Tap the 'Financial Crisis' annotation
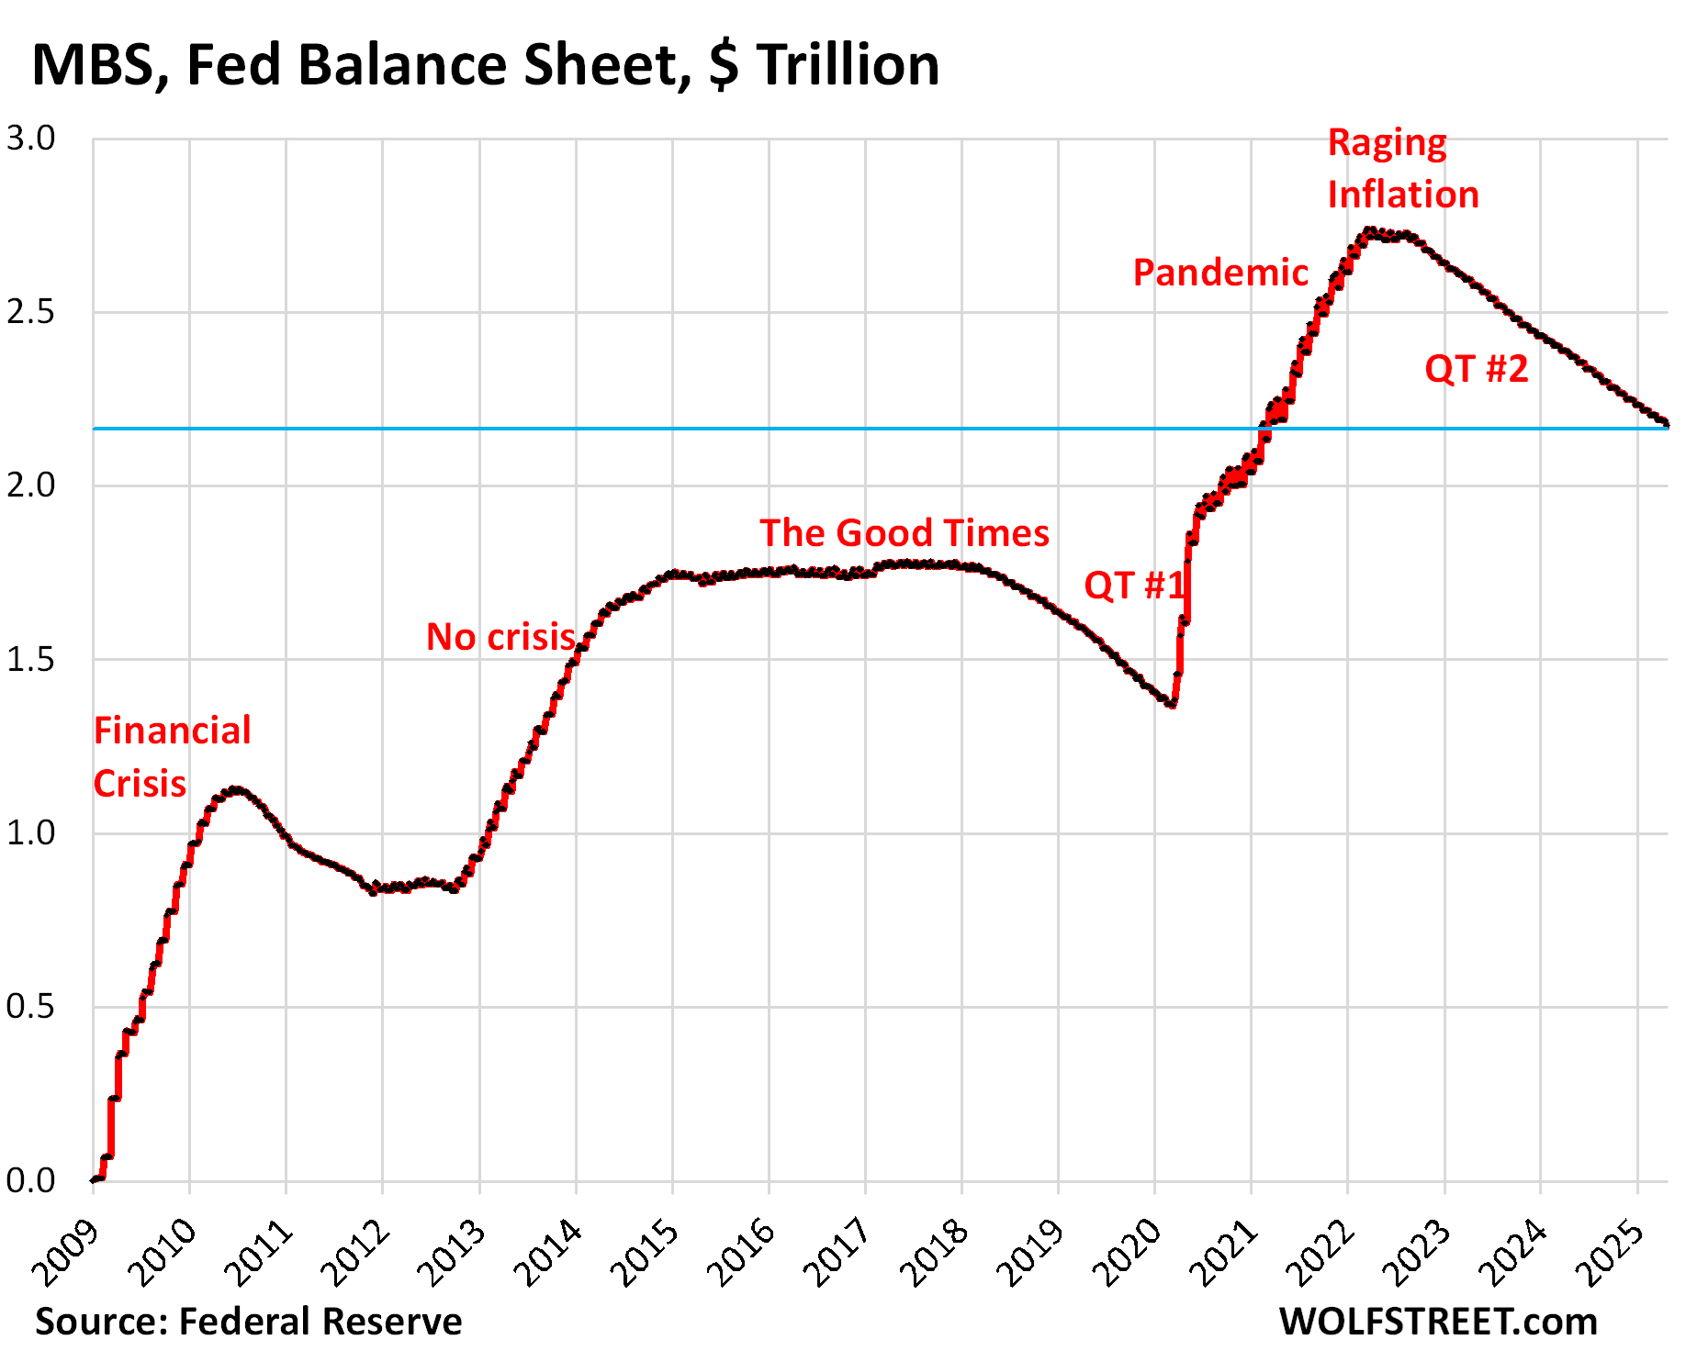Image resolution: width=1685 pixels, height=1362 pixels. (172, 757)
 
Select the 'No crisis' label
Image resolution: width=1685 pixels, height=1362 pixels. (500, 637)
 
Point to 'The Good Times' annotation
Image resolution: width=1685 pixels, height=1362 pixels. (904, 533)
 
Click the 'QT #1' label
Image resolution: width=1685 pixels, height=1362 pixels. (1134, 585)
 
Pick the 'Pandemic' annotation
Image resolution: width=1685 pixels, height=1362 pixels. (1219, 273)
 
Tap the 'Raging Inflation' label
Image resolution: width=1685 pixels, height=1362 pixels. (1402, 169)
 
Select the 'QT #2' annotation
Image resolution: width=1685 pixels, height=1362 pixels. (1476, 369)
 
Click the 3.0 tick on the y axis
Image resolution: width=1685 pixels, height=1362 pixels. (30, 139)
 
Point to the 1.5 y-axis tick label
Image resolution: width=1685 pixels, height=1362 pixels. (30, 660)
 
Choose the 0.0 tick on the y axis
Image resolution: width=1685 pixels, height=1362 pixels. (30, 1181)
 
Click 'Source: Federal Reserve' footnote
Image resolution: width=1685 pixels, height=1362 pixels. (248, 1322)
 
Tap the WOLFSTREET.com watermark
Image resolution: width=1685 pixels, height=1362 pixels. (1437, 1322)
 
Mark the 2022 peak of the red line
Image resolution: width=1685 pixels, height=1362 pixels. (1370, 230)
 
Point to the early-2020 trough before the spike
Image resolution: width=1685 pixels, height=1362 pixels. (1171, 704)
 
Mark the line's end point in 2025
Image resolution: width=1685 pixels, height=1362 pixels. (1666, 422)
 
